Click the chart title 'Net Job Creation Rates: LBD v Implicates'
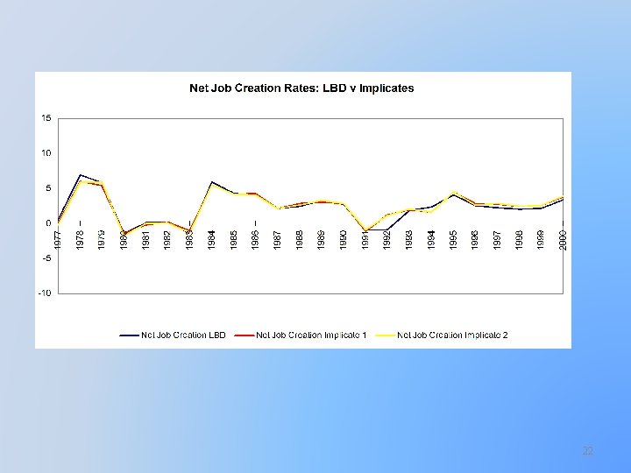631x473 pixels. [301, 88]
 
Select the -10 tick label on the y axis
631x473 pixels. [44, 293]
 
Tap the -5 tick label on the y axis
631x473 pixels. [46, 258]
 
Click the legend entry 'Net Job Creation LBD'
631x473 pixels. [174, 334]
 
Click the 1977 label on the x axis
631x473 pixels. [58, 239]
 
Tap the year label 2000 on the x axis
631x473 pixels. [564, 239]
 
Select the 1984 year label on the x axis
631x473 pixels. [212, 239]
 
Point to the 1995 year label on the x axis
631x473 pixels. [453, 239]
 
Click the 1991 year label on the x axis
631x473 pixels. [365, 239]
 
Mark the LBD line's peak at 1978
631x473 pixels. [81, 175]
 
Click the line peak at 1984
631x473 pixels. [212, 182]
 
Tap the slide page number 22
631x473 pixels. [588, 451]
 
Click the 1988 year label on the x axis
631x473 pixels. [300, 239]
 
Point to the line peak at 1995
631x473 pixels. [453, 192]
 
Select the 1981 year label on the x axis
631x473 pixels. [146, 239]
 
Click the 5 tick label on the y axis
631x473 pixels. [47, 188]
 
